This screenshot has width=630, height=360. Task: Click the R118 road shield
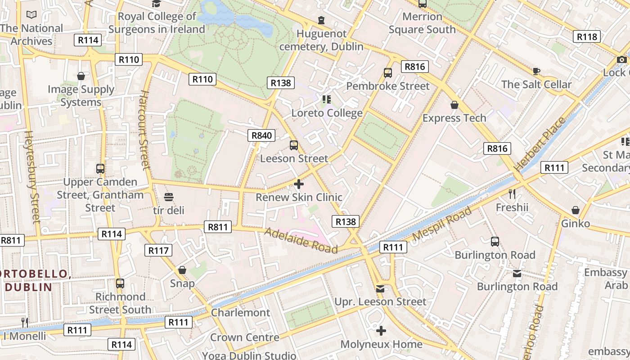[x=587, y=37]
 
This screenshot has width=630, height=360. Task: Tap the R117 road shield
[x=158, y=250]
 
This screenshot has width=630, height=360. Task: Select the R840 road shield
[x=261, y=135]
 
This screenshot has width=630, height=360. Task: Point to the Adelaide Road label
[x=301, y=240]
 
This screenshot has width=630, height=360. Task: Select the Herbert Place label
[x=540, y=144]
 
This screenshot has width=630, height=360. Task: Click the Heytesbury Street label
[x=32, y=176]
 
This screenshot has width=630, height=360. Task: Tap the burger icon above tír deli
[x=169, y=197]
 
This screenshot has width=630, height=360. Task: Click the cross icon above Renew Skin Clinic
[x=298, y=184]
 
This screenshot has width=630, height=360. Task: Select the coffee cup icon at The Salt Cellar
[x=536, y=71]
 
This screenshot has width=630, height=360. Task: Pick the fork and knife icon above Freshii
[x=512, y=194]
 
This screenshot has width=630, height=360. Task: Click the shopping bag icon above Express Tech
[x=454, y=105]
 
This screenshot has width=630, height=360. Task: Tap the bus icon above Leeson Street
[x=294, y=145]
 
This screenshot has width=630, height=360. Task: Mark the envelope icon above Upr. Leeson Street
[x=380, y=288]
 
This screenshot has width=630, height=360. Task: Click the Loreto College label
[x=327, y=113]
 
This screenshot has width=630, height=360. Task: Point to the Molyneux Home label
[x=381, y=344]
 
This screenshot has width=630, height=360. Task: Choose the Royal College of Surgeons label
[x=157, y=23]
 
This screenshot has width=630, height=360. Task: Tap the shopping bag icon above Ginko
[x=575, y=210]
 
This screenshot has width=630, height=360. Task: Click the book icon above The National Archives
[x=31, y=15]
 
